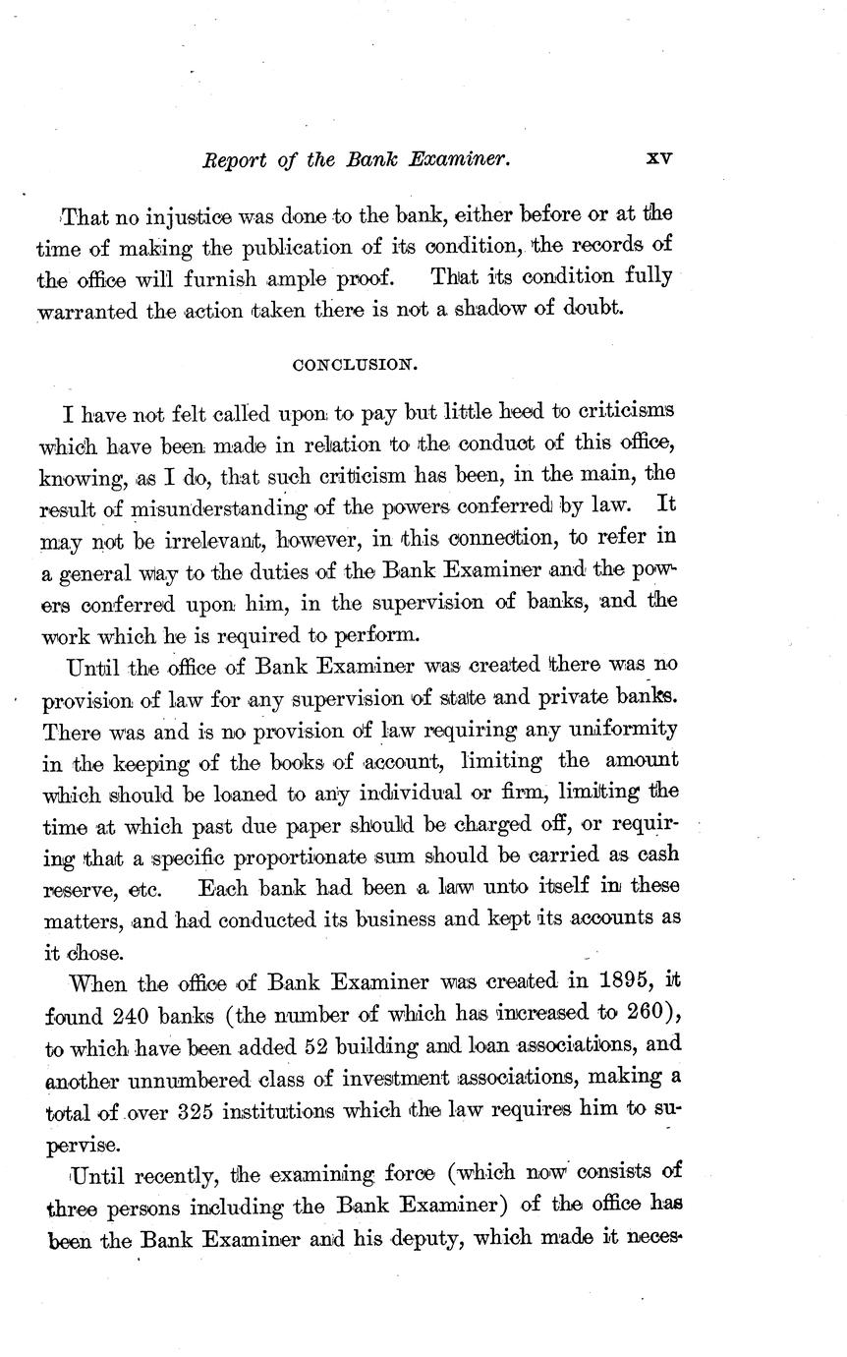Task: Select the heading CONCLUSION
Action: click(x=356, y=365)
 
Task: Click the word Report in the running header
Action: click(x=233, y=159)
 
